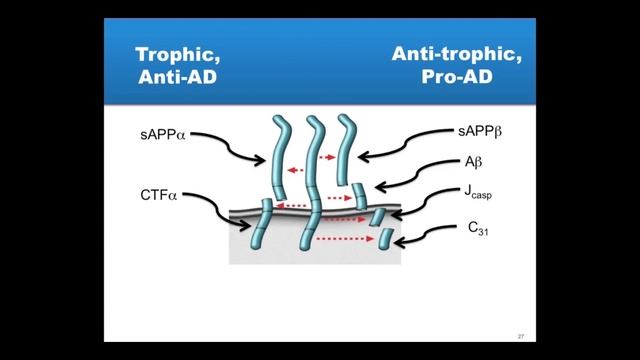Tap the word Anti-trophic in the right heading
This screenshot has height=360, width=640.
pyautogui.click(x=448, y=54)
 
